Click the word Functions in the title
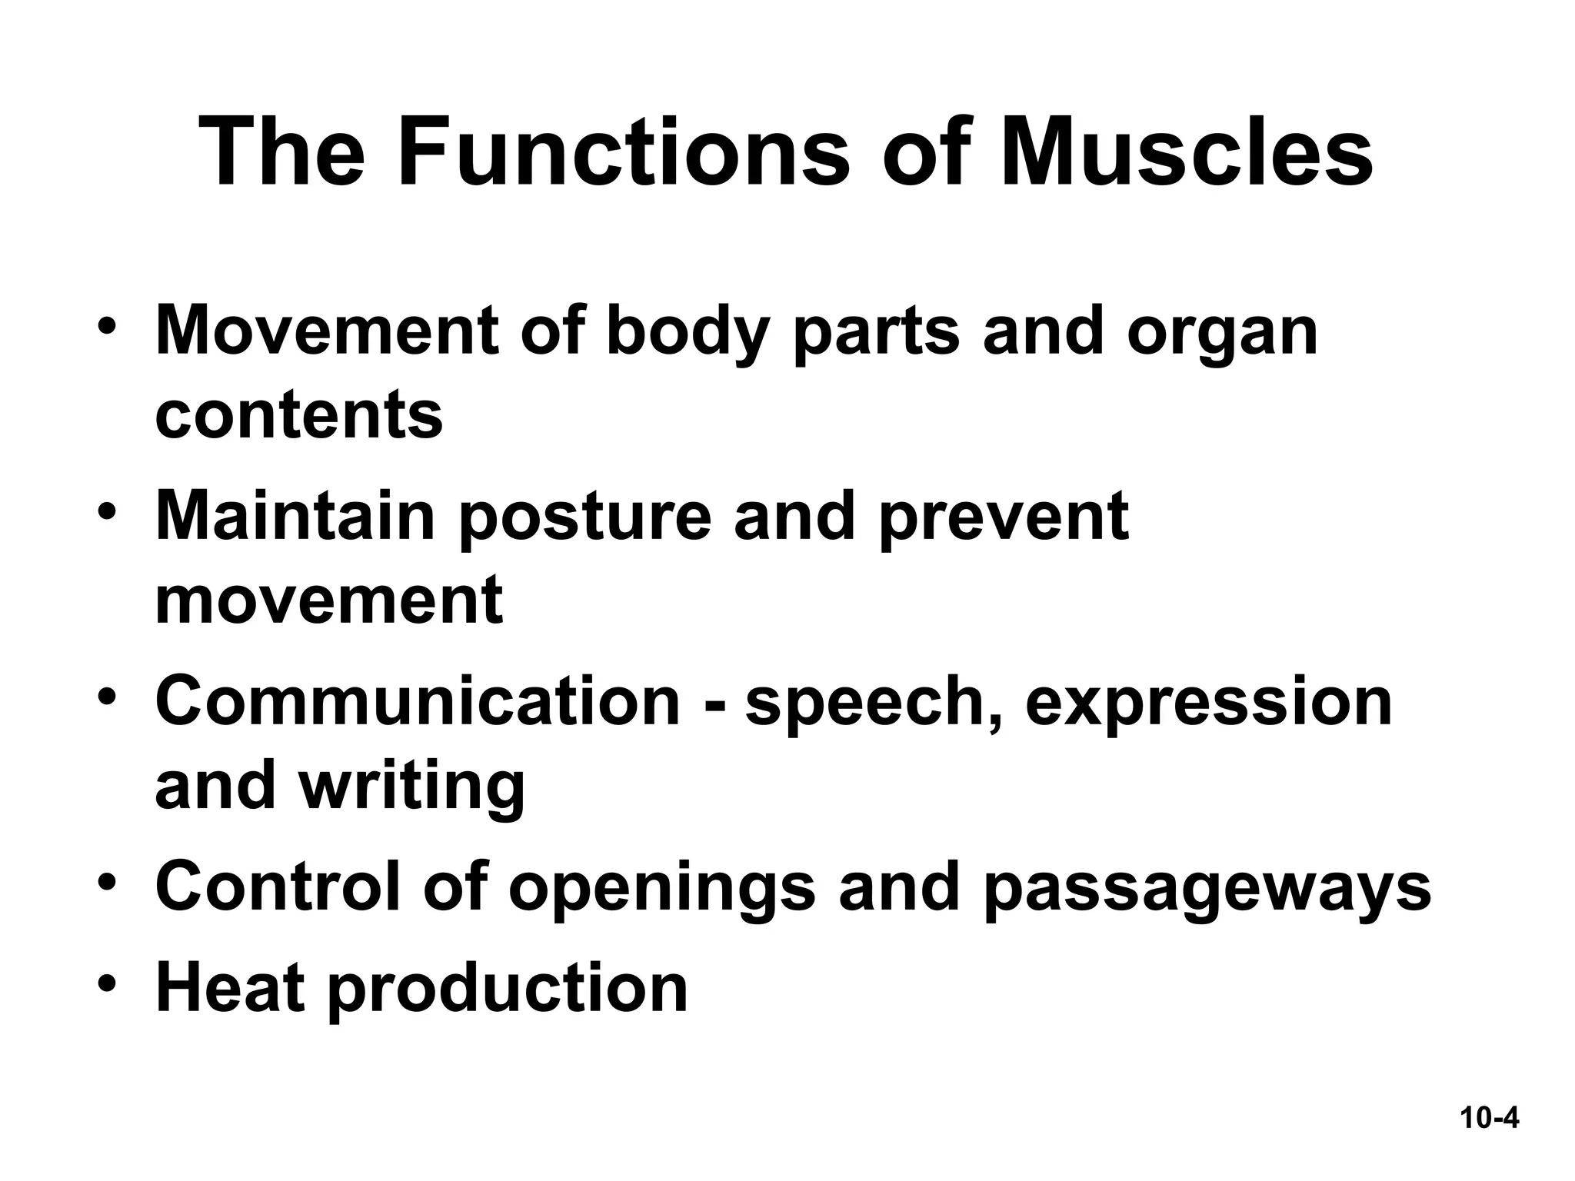[x=623, y=151]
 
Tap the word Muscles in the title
[x=1187, y=151]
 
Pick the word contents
[x=299, y=415]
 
